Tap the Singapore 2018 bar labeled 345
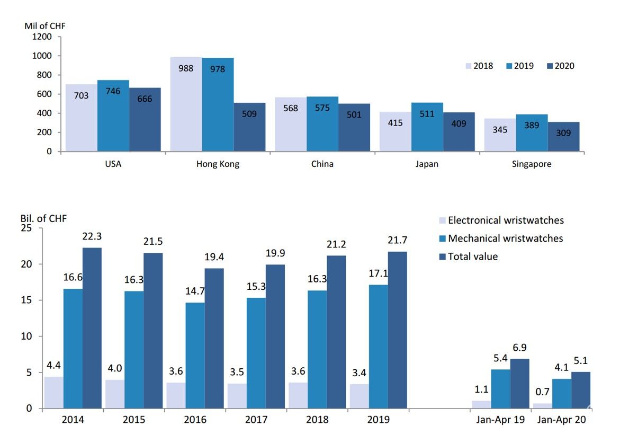500,135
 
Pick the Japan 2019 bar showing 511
427,127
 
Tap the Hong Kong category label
218,164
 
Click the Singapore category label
531,164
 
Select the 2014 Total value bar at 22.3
92,328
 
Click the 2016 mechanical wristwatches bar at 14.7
195,356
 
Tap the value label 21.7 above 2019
397,240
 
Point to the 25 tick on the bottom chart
27,228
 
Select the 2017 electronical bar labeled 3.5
237,396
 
